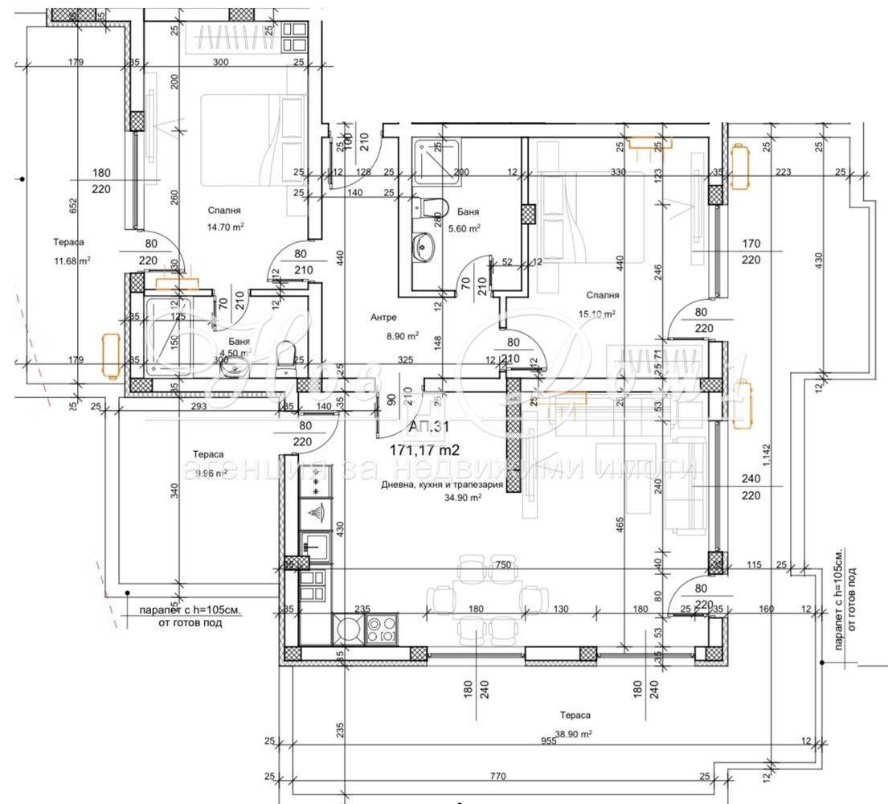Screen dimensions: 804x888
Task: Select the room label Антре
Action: point(383,318)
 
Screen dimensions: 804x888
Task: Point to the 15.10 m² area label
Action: point(597,314)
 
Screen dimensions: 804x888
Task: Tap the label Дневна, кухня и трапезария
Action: point(442,485)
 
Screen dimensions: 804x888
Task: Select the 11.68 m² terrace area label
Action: point(72,260)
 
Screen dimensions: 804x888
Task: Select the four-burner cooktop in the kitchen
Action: point(381,628)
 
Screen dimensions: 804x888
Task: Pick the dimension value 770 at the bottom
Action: point(497,777)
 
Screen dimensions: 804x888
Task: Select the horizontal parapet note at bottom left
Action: point(190,617)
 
